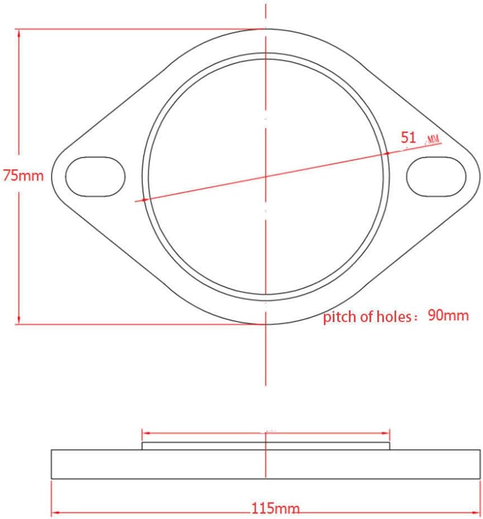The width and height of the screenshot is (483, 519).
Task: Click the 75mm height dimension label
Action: [23, 175]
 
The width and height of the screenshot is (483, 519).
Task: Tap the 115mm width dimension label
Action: [275, 508]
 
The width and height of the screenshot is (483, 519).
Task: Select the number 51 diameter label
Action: [408, 137]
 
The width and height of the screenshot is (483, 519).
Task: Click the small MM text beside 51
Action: [433, 140]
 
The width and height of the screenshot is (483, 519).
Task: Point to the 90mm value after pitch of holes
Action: [448, 315]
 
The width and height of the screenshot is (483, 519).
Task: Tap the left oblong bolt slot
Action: [95, 177]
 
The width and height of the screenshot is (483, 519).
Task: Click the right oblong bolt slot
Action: [436, 177]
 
